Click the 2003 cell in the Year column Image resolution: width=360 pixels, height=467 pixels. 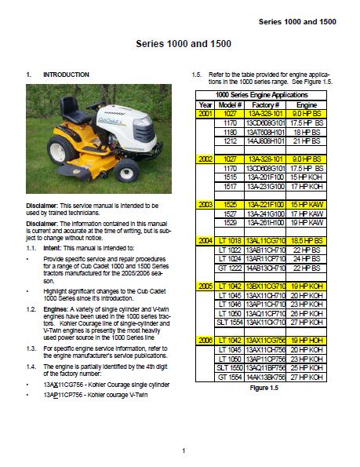pos(205,204)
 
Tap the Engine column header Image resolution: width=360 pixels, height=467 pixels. pos(307,104)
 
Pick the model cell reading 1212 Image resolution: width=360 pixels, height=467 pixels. pos(231,141)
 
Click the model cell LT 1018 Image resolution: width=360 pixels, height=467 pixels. pos(231,240)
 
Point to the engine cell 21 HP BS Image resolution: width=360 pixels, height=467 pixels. pos(307,141)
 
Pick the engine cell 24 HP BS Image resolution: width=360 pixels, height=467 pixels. pos(307,258)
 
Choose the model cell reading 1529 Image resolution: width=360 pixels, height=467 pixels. pos(231,222)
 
